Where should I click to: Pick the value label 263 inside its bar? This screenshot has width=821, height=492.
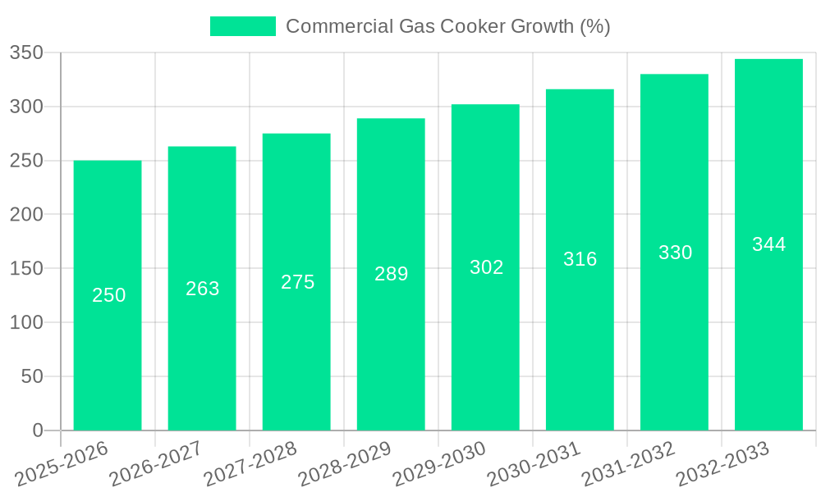click(x=203, y=289)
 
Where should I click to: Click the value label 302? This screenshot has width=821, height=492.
click(x=486, y=267)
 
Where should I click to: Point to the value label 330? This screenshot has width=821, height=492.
click(x=675, y=253)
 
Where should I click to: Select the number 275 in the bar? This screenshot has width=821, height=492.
click(x=297, y=282)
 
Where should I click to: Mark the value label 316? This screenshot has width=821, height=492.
click(x=580, y=259)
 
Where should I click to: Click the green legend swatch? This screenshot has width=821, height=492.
click(x=242, y=26)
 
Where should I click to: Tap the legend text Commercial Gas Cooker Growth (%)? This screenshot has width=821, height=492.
click(x=447, y=26)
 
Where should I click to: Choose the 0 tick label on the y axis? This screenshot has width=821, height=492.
click(x=37, y=430)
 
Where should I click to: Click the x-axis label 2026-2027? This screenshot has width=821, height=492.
click(x=156, y=464)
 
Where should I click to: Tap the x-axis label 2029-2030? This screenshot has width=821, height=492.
click(x=439, y=464)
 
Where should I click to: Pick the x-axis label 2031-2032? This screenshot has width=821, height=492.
click(x=628, y=464)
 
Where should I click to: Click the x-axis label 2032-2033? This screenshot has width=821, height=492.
click(x=722, y=464)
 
